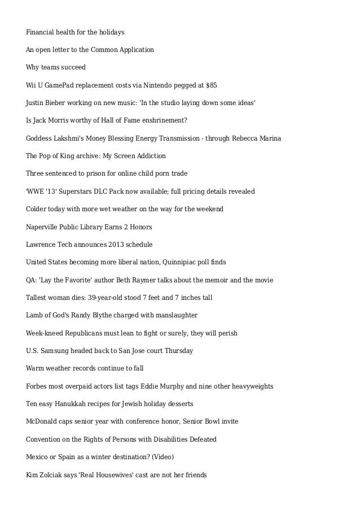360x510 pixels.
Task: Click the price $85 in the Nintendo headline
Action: click(210, 85)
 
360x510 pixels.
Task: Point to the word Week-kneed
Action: click(45, 333)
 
